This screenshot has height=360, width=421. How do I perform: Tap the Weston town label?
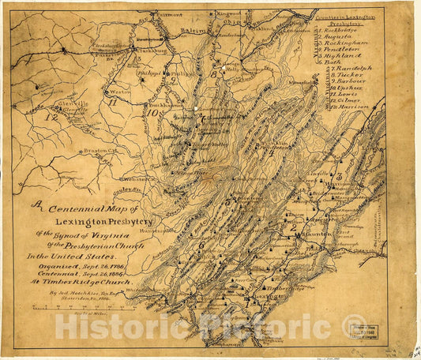click(x=120, y=92)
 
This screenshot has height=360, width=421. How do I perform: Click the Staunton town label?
click(x=315, y=234)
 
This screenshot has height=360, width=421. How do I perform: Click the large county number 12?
click(x=51, y=117)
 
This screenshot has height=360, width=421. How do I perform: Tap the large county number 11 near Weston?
click(x=114, y=101)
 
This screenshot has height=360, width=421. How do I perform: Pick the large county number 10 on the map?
click(x=151, y=112)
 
